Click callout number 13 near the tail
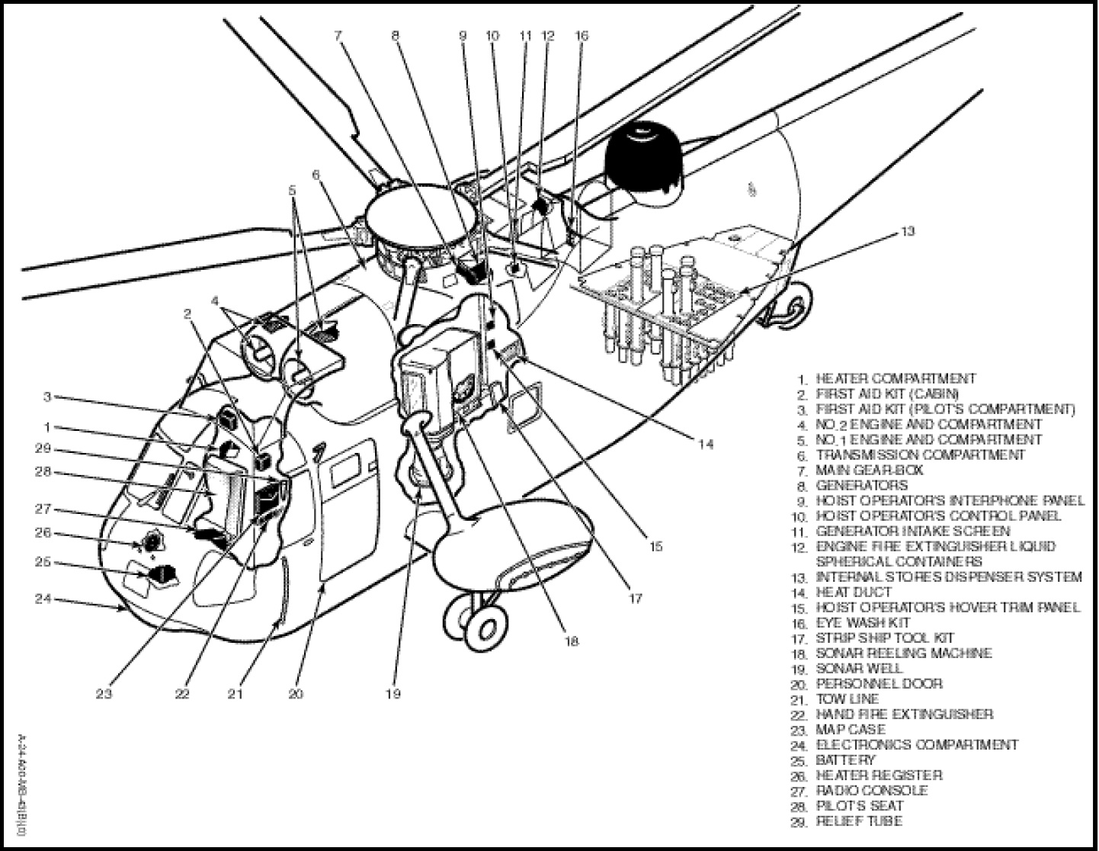pos(906,232)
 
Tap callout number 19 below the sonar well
pos(393,694)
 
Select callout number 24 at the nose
pos(43,599)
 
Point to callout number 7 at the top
pos(338,35)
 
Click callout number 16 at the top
pos(582,35)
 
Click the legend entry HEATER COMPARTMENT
pos(895,378)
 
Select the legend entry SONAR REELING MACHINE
pos(903,654)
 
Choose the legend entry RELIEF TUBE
pos(859,821)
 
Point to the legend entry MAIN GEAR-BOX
pos(869,470)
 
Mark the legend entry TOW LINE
pos(847,699)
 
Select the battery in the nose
pos(161,573)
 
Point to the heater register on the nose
pos(153,543)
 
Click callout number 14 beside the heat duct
pos(706,444)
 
